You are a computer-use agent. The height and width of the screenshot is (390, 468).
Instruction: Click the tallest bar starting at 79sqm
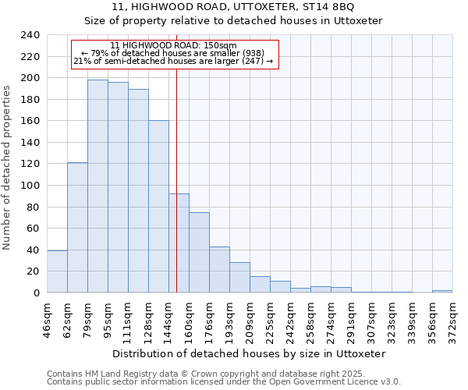[97, 186]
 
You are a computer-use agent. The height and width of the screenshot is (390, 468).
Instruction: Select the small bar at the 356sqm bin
[442, 291]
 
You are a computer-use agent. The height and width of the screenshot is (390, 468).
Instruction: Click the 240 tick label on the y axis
[30, 35]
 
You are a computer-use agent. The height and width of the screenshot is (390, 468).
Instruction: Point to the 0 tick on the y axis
[37, 293]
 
